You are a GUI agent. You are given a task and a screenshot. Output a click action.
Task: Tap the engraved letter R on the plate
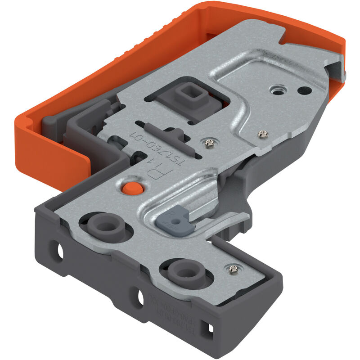coord(155,173)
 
